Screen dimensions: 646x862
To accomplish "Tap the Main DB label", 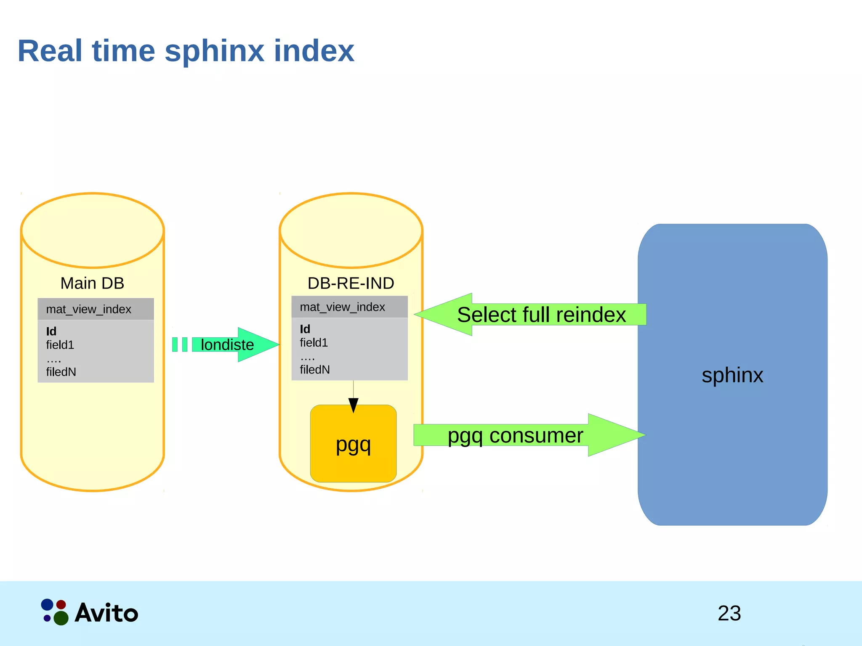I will point(92,283).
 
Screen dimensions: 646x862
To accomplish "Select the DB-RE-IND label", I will point(351,283).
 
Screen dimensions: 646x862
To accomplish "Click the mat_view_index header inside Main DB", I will point(89,309).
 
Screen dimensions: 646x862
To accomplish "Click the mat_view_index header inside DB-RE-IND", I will point(342,307).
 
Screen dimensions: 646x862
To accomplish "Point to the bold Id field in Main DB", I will point(51,331).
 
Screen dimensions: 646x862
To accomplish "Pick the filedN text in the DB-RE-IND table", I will point(314,370).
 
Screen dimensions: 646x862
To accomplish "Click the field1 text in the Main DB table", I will point(60,345).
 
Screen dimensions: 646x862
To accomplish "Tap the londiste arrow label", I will point(227,345).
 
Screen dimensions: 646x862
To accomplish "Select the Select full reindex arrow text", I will point(541,315).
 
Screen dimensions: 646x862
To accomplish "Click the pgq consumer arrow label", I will point(515,435).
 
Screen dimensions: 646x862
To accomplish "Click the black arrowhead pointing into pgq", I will point(354,405).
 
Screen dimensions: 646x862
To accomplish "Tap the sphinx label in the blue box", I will point(732,375).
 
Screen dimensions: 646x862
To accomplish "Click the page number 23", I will point(729,613).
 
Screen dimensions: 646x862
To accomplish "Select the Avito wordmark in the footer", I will point(106,613).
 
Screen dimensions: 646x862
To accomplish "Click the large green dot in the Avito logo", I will point(61,618).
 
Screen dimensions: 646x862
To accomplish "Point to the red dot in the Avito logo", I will point(61,604).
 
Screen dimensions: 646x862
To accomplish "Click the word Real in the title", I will point(50,51).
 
